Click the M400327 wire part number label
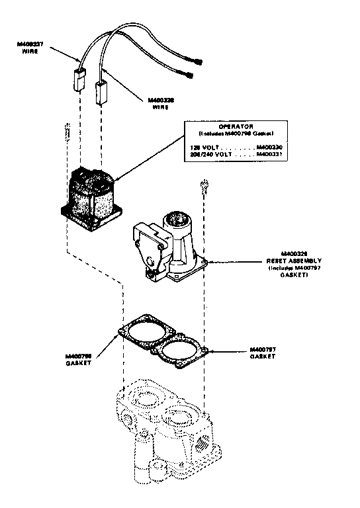click(30, 46)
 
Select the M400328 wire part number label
click(157, 103)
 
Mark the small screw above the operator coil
click(67, 131)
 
